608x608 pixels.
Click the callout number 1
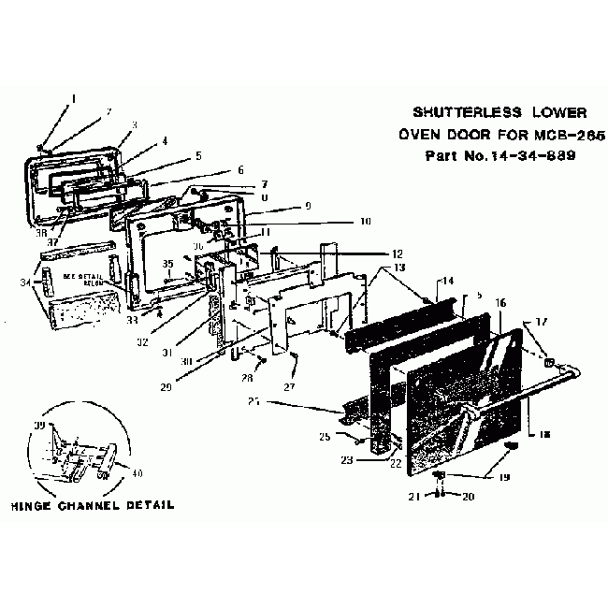click(74, 98)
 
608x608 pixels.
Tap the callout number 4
click(165, 141)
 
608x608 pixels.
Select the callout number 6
click(239, 170)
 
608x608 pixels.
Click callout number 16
click(500, 303)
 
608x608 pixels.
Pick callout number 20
click(470, 496)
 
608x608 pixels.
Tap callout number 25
click(326, 437)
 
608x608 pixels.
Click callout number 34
click(37, 282)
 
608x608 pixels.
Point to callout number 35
click(169, 265)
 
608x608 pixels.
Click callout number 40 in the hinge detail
click(138, 473)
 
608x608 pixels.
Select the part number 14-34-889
click(510, 154)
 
